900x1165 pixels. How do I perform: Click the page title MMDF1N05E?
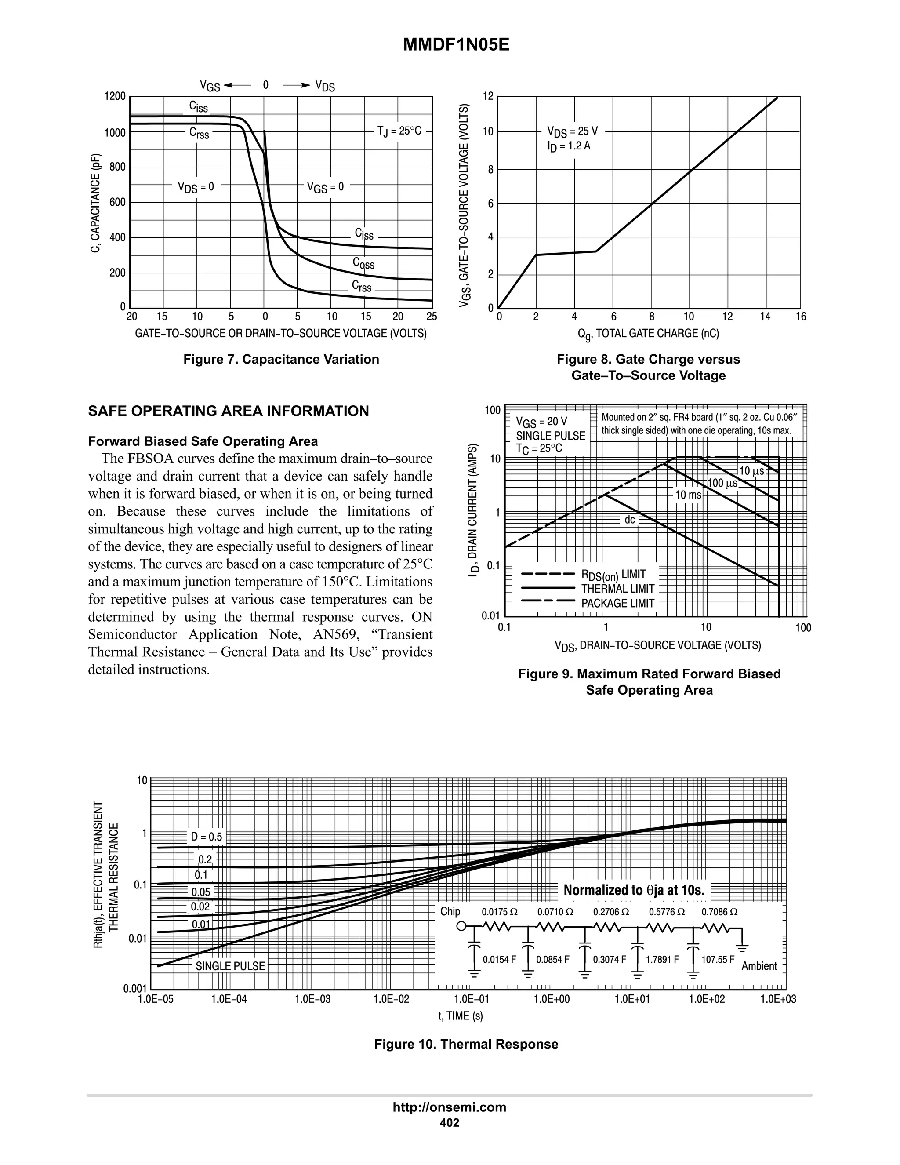(x=456, y=45)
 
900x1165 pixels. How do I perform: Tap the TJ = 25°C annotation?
(x=399, y=131)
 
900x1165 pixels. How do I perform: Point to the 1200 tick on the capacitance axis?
(x=115, y=97)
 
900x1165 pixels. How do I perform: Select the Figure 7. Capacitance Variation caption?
(x=281, y=359)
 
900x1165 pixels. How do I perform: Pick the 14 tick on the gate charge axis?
(x=765, y=317)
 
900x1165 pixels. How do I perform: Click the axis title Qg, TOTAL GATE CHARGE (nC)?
(x=648, y=334)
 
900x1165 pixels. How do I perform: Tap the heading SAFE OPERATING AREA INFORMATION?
(x=228, y=411)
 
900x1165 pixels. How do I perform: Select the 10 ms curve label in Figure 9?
(x=688, y=495)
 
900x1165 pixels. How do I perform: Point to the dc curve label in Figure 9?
(x=630, y=520)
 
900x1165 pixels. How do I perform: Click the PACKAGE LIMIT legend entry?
(x=617, y=603)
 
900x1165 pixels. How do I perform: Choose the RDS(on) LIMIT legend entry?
(x=613, y=575)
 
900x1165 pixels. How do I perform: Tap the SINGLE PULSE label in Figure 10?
(x=230, y=966)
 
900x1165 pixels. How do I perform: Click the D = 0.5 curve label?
(x=207, y=837)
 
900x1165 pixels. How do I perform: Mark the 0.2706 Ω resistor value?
(x=611, y=912)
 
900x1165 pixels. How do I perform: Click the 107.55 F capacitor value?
(x=718, y=960)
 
